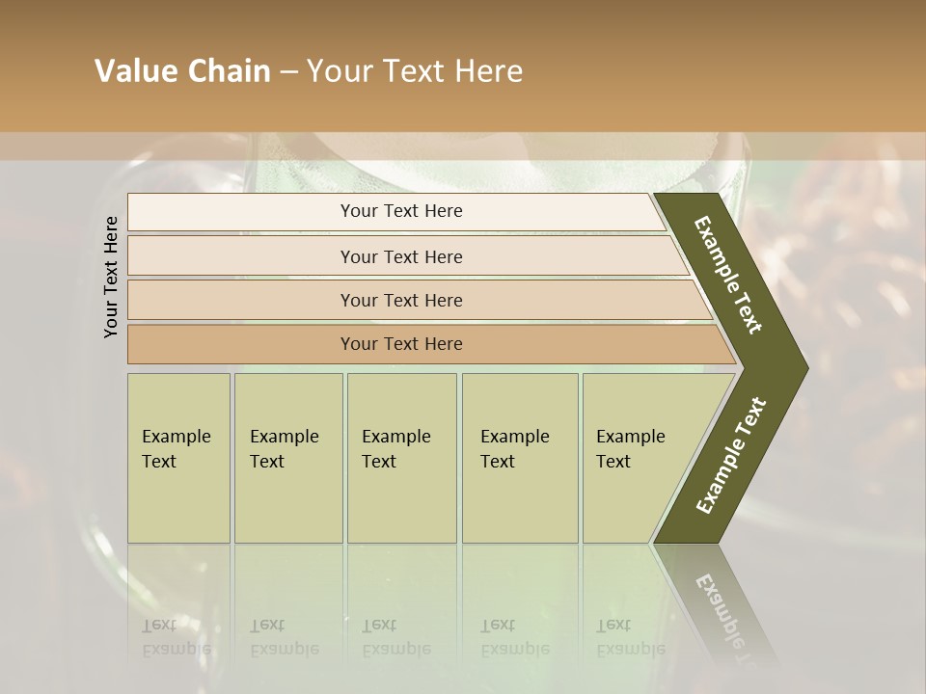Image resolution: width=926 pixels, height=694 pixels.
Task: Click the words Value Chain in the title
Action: pyautogui.click(x=182, y=71)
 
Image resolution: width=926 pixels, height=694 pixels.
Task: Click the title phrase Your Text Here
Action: pyautogui.click(x=415, y=71)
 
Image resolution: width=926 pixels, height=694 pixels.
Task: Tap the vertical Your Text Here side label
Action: pyautogui.click(x=111, y=277)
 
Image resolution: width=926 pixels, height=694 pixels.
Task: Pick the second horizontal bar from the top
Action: pyautogui.click(x=400, y=256)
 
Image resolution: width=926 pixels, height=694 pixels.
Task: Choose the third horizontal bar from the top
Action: pyautogui.click(x=400, y=301)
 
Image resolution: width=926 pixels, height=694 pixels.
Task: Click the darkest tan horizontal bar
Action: pyautogui.click(x=400, y=344)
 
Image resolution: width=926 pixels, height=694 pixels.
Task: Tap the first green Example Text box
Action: pyautogui.click(x=178, y=458)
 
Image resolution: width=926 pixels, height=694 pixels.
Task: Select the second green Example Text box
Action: pyautogui.click(x=287, y=458)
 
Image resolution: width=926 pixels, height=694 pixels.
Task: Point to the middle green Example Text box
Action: pyautogui.click(x=401, y=458)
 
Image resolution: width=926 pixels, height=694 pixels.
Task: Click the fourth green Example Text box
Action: pyautogui.click(x=519, y=458)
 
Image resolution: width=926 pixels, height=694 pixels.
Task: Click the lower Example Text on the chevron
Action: pyautogui.click(x=731, y=455)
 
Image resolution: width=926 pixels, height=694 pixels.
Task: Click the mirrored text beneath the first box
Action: pyautogui.click(x=177, y=638)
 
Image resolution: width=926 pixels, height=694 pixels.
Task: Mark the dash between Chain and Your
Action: pyautogui.click(x=288, y=72)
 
